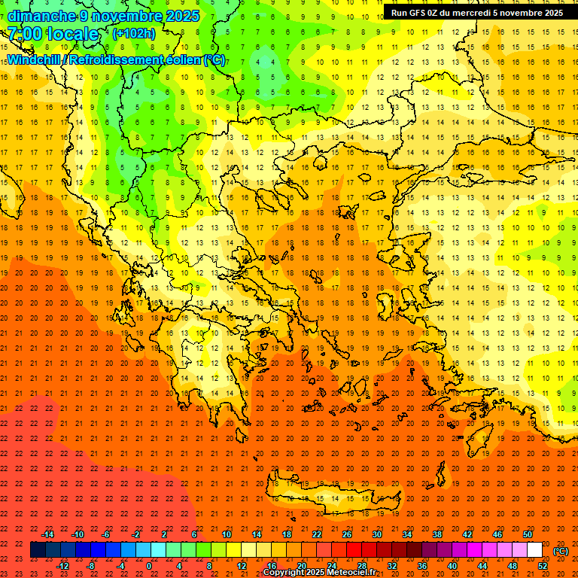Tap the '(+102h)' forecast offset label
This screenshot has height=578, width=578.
click(x=133, y=33)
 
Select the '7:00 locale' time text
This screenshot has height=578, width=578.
click(x=53, y=34)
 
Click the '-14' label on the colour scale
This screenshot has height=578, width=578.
click(x=48, y=534)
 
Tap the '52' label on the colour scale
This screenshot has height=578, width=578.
click(x=543, y=566)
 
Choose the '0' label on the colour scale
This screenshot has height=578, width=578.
click(x=149, y=566)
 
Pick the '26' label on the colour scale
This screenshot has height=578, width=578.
click(x=347, y=534)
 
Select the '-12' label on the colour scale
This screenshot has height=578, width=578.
click(x=62, y=566)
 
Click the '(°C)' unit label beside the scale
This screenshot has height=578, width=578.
click(x=561, y=551)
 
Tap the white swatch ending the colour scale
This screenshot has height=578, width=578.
click(x=535, y=550)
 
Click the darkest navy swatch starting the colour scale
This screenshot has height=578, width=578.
click(x=38, y=550)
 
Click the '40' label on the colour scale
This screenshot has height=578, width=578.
click(x=452, y=566)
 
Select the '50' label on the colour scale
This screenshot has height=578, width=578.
click(x=528, y=534)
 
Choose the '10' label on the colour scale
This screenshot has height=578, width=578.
click(x=227, y=534)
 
